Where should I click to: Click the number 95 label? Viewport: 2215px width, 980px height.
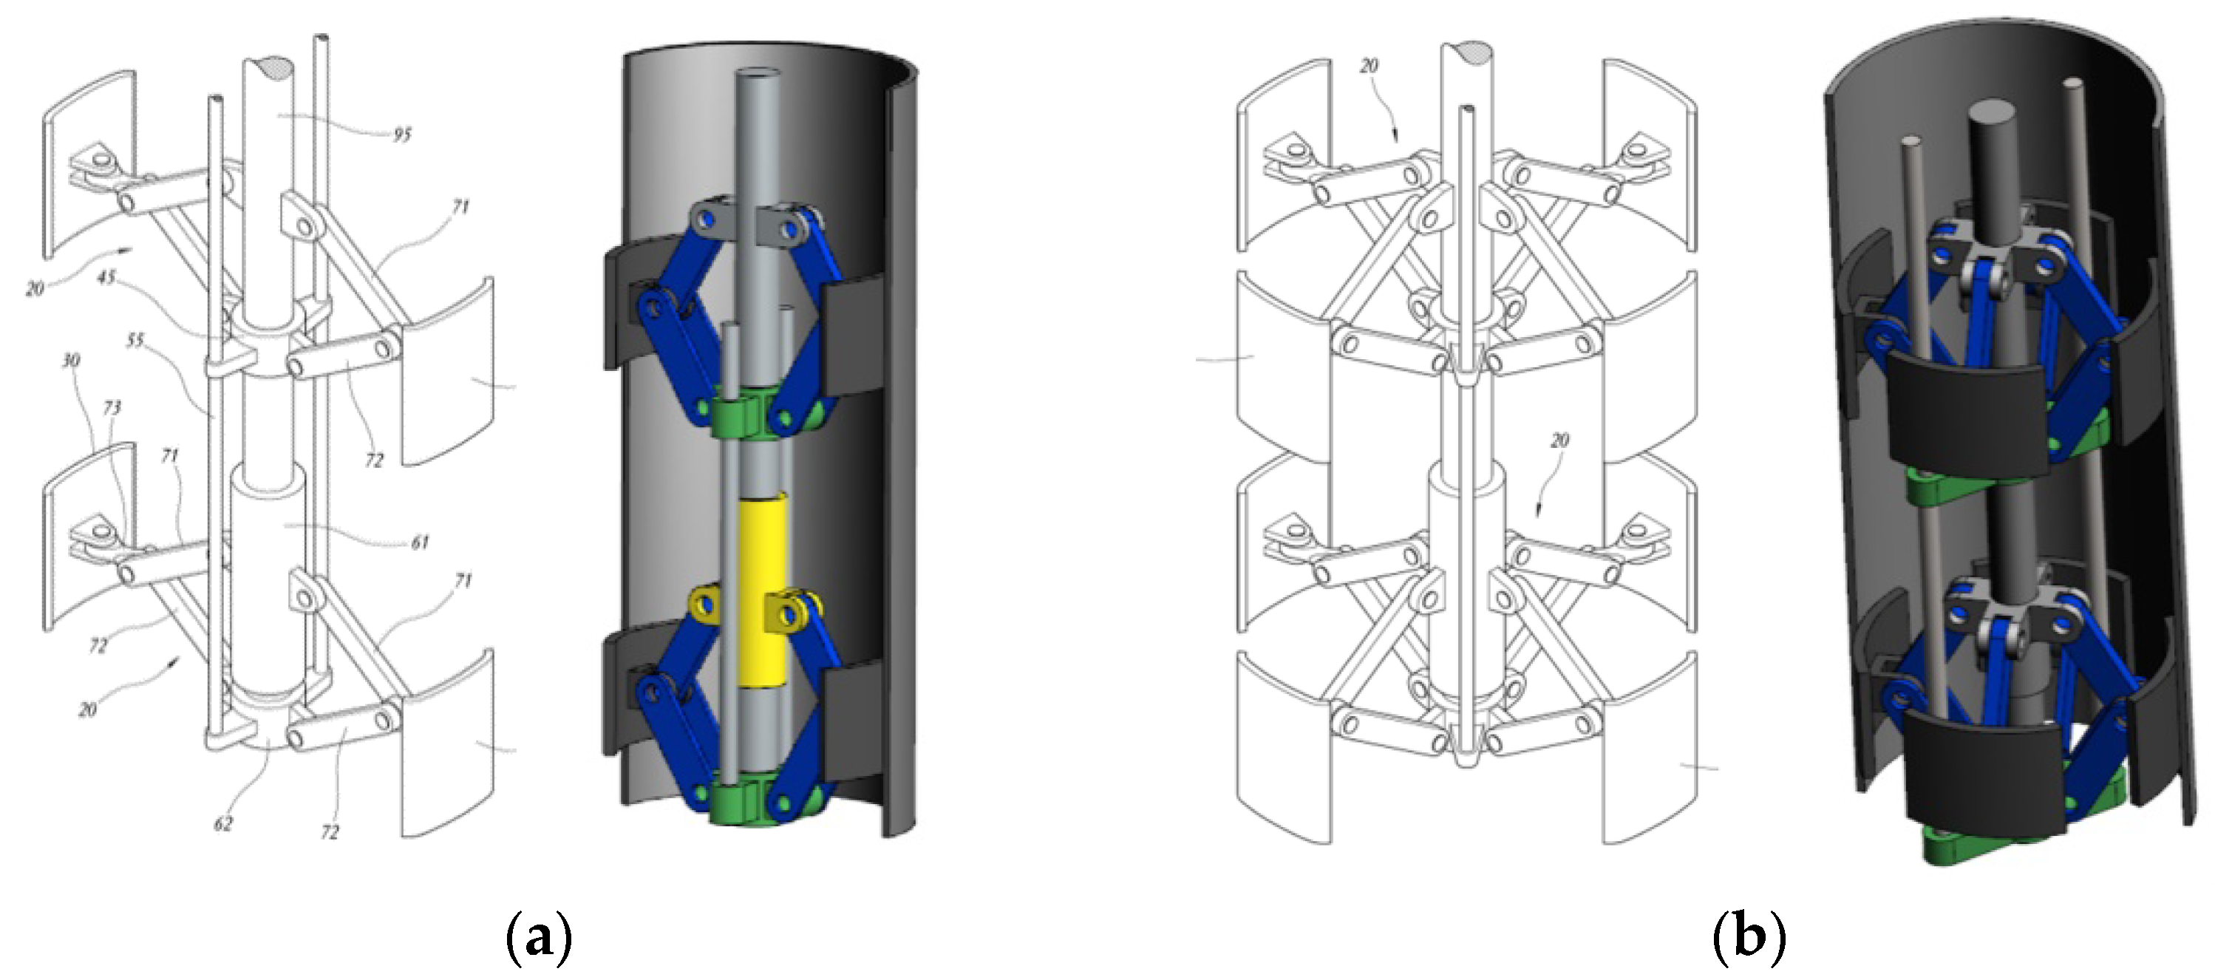pyautogui.click(x=402, y=134)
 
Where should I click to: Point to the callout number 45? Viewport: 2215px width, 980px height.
pyautogui.click(x=106, y=278)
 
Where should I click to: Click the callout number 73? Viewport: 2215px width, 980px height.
pyautogui.click(x=112, y=406)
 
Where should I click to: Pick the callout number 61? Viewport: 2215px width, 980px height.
pyautogui.click(x=420, y=542)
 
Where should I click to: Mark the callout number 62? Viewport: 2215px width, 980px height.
pyautogui.click(x=223, y=823)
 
